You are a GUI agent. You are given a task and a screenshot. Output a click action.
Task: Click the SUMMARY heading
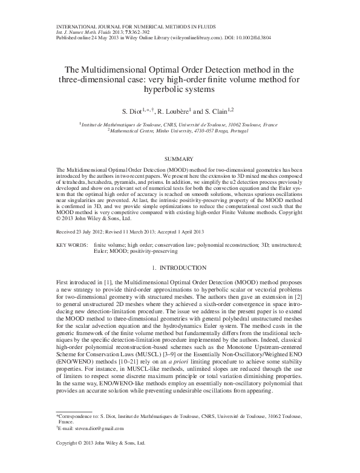[x=180, y=158]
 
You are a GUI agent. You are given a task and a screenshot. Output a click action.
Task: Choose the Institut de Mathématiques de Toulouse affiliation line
[x=180, y=124]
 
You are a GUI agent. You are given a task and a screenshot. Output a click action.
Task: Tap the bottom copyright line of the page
[x=100, y=460]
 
